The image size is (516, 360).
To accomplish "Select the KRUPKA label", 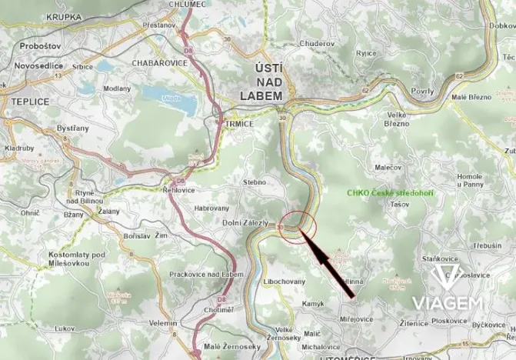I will [x=63, y=16].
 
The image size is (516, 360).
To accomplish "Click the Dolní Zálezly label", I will [x=240, y=223].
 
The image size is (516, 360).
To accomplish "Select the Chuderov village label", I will [x=318, y=43].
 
